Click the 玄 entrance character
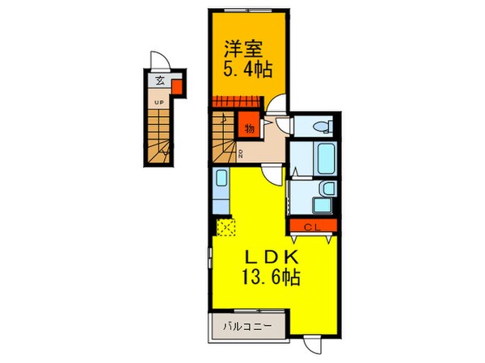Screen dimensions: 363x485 [x=160, y=81]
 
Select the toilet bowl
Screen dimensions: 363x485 [x=319, y=126]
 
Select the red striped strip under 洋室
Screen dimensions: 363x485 [x=234, y=102]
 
